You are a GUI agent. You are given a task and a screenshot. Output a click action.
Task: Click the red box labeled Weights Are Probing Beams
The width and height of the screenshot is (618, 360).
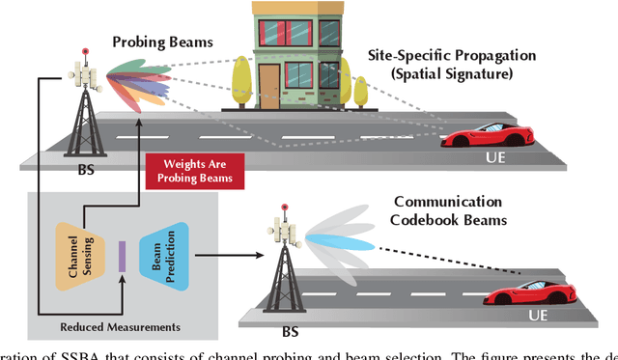tap(191, 172)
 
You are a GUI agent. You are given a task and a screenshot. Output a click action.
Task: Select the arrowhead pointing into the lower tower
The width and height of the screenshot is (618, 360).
tap(260, 258)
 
